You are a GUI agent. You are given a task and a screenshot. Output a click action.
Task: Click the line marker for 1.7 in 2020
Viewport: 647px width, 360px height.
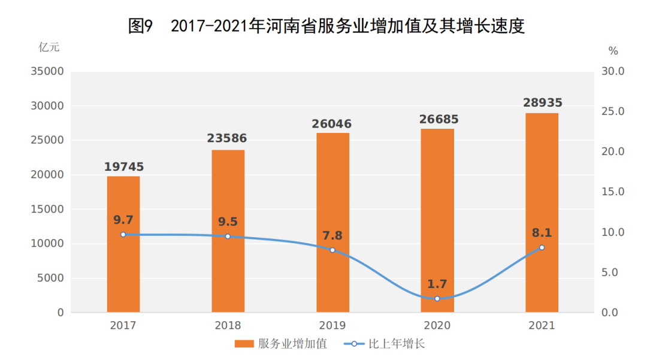(x=437, y=298)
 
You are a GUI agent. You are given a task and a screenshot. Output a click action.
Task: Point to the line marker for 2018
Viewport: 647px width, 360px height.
(x=228, y=237)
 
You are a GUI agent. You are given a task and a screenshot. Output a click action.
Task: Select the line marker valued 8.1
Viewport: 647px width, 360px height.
(x=542, y=247)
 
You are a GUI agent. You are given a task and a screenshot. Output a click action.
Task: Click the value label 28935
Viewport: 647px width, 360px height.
(x=542, y=102)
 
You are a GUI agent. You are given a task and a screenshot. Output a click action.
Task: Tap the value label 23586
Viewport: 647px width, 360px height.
(x=227, y=139)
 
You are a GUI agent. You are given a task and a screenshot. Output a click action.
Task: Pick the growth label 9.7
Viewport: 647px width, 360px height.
(x=123, y=220)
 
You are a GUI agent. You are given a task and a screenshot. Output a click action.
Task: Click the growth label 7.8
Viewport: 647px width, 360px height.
(x=332, y=235)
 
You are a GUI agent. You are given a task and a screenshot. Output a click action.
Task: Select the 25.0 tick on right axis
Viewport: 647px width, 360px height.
(x=613, y=111)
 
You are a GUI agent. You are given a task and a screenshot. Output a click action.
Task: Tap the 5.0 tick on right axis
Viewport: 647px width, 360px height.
(x=613, y=273)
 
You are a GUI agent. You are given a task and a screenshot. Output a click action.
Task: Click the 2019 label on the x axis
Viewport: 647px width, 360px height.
(x=332, y=326)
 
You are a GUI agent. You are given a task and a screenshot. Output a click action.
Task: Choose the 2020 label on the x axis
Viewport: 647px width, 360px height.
(x=437, y=326)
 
